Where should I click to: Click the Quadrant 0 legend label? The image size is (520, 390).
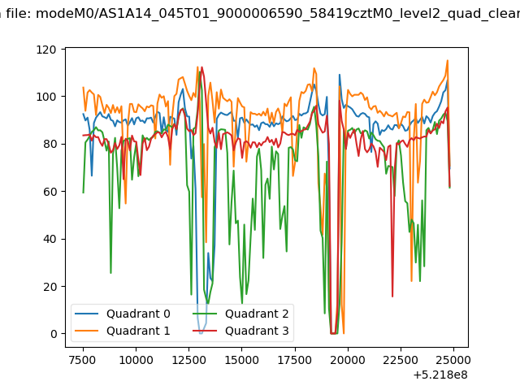[138, 314]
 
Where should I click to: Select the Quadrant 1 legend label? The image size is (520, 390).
[138, 331]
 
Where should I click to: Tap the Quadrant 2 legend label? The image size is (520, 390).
[257, 314]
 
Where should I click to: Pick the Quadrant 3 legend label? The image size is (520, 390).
[257, 331]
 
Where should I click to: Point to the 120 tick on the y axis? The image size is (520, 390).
[46, 50]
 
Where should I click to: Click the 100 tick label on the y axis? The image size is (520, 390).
[46, 97]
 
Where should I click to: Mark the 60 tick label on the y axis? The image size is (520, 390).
[50, 192]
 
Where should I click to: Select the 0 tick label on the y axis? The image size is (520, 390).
[54, 334]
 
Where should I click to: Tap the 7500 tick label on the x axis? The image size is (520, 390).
[83, 360]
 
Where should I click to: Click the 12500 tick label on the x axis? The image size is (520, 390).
[188, 360]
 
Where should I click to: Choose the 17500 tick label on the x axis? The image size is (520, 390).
[294, 360]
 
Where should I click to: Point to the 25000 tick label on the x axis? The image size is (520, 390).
[453, 360]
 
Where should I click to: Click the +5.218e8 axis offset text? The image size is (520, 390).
[440, 375]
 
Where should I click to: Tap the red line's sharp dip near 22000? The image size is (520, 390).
[392, 297]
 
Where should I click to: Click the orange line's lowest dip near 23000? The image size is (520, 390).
[412, 281]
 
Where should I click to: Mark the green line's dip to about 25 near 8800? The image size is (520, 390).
[110, 273]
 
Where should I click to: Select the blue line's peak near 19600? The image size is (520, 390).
[340, 75]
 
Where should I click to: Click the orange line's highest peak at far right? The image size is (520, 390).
[448, 60]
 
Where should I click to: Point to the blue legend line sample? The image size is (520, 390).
[87, 314]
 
